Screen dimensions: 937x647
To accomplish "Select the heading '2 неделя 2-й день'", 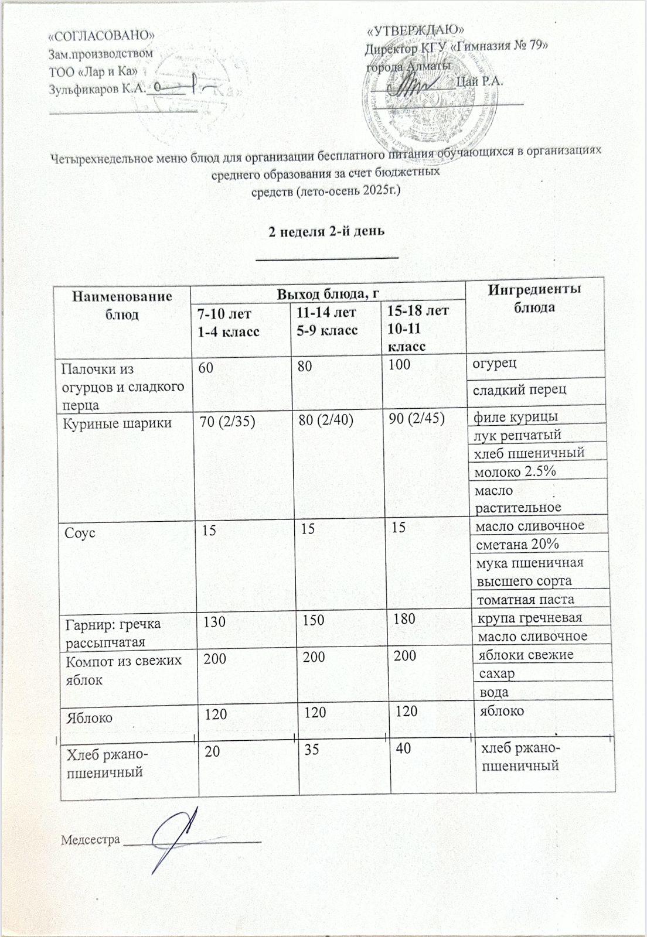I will pyautogui.click(x=326, y=231).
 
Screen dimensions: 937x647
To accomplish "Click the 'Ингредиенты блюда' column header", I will pyautogui.click(x=534, y=298).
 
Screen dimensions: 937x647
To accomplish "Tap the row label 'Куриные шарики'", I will pyautogui.click(x=117, y=423).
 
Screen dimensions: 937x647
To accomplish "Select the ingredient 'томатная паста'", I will pyautogui.click(x=525, y=600).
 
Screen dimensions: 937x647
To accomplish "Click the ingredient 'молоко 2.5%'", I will pyautogui.click(x=515, y=471).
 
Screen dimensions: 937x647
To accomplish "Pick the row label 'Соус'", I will pyautogui.click(x=80, y=534).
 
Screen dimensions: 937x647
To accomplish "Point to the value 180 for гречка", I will pyautogui.click(x=405, y=618).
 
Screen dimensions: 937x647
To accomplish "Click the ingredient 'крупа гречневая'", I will pyautogui.click(x=530, y=618).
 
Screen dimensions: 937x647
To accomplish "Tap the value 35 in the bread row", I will pyautogui.click(x=312, y=749).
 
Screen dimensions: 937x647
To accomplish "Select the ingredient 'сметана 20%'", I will pyautogui.click(x=517, y=544).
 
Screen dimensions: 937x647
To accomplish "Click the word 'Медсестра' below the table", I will pyautogui.click(x=90, y=839).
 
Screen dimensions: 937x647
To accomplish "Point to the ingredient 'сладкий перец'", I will pyautogui.click(x=520, y=389).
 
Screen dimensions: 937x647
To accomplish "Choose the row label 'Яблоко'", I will pyautogui.click(x=90, y=717).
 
